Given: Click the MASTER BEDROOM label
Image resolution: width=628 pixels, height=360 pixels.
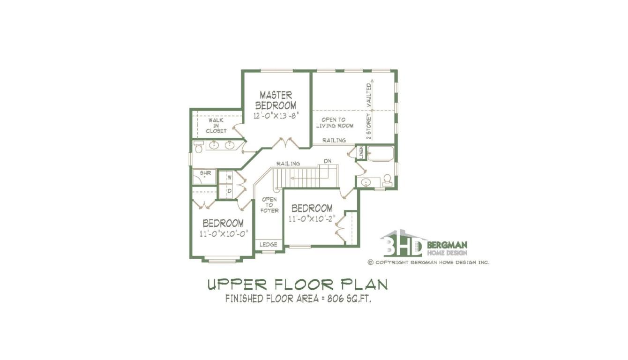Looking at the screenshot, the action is click(276, 100).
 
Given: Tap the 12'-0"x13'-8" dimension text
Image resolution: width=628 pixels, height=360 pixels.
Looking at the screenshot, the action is click(276, 116).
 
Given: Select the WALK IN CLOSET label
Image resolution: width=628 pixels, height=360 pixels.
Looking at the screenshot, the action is click(216, 126).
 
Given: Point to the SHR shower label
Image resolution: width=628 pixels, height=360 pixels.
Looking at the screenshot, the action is click(205, 173).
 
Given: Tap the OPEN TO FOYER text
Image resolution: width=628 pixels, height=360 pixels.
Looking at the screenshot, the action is click(269, 205).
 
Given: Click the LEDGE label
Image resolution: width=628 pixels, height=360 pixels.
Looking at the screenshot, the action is click(268, 245).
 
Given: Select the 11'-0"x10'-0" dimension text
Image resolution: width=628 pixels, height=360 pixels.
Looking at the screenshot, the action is click(224, 234).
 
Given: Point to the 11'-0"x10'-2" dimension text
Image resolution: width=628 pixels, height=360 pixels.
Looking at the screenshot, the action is click(312, 219).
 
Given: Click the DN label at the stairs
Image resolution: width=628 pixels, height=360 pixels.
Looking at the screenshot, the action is click(328, 161).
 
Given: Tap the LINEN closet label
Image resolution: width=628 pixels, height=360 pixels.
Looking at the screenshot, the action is click(361, 152).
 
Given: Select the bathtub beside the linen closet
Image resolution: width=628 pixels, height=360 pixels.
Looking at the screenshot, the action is click(381, 154).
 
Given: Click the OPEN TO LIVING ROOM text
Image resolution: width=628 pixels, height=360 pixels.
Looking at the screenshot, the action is click(335, 123).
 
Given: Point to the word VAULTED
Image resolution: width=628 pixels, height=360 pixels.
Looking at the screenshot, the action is click(369, 95).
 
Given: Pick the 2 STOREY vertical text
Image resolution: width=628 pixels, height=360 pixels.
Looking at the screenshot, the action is click(369, 127).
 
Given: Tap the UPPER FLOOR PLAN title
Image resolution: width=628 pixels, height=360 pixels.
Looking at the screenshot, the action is click(298, 285).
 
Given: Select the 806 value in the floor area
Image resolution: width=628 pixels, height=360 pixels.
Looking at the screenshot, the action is click(335, 299).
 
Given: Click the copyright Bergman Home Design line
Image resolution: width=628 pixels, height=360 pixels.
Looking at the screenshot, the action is click(428, 262).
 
